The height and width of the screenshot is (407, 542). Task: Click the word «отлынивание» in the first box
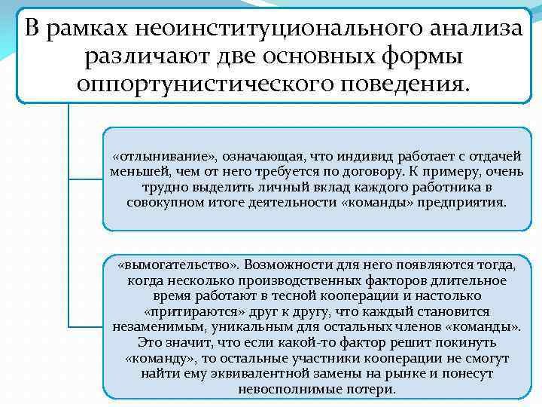[165, 156]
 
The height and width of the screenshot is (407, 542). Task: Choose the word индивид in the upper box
[368, 156]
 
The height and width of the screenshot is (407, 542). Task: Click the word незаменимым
[150, 326]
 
